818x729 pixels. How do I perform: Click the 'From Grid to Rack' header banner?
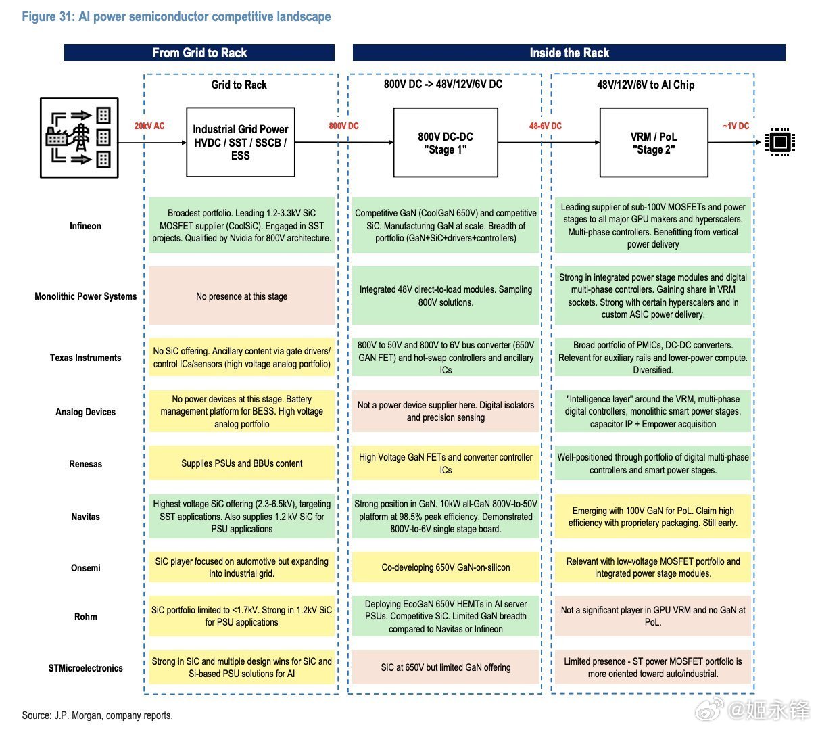tap(199, 53)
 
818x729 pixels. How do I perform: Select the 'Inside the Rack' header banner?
tap(569, 53)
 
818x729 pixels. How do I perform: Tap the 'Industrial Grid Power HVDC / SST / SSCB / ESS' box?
tap(240, 142)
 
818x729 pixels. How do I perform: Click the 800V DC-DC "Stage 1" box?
tap(446, 142)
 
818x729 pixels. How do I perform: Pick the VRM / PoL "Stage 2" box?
tap(654, 142)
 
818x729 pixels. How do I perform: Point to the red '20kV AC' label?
tap(149, 126)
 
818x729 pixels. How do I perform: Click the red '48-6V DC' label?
tap(545, 126)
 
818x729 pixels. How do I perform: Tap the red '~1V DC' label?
tap(736, 126)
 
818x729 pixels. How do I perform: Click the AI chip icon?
tap(780, 142)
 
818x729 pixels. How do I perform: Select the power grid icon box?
tap(79, 138)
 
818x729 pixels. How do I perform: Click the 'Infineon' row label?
tap(85, 226)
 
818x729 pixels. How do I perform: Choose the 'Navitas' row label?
tap(85, 517)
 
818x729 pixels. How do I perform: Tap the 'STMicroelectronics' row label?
tap(85, 668)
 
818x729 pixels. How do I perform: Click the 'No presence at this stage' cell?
tap(241, 296)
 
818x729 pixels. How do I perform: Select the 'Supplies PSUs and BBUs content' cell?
tap(241, 463)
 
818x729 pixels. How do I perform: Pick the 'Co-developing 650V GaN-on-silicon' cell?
tap(446, 567)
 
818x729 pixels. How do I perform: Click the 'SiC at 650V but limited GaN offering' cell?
tap(446, 667)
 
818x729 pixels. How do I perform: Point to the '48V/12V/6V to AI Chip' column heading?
tap(645, 85)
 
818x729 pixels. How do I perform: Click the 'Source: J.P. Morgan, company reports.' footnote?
tap(97, 715)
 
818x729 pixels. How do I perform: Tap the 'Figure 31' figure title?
tap(176, 16)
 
